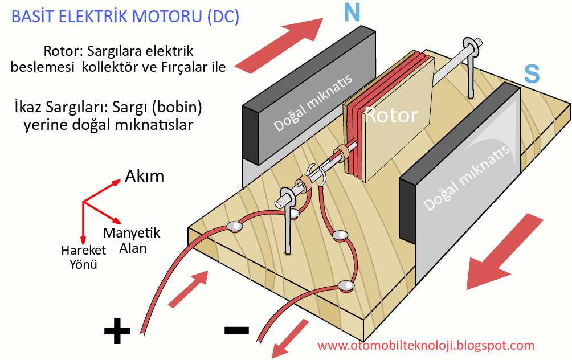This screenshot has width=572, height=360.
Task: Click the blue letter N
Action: tap(352, 13)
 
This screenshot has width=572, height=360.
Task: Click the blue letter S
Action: tap(531, 73)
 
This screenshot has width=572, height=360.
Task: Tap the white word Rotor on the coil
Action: tap(391, 116)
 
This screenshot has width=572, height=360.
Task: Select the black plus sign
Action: tap(117, 331)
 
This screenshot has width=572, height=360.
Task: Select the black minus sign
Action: tap(236, 330)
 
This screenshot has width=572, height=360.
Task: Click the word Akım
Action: tap(144, 176)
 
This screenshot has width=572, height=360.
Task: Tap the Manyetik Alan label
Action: tap(132, 240)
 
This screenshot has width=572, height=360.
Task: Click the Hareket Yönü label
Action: tap(84, 257)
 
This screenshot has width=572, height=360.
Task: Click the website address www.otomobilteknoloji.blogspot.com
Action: tap(426, 345)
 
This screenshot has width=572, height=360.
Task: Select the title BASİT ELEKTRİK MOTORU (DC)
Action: tap(125, 17)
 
